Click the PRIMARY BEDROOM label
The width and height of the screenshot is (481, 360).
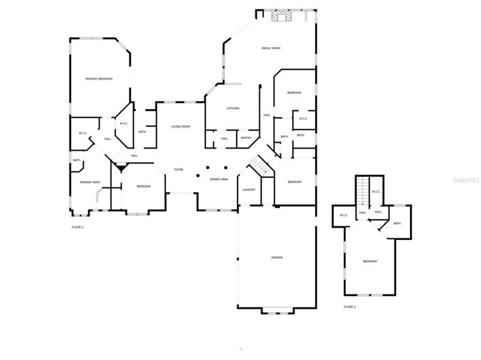coord(99,79)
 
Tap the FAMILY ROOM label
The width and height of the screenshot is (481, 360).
coord(272,48)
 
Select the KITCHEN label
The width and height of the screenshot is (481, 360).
coord(233,108)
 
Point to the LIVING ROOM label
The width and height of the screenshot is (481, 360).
coord(180,127)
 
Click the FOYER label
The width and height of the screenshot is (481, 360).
coord(179,169)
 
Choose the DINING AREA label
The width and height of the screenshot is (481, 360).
coord(219,179)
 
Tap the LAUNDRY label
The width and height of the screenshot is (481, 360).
coord(248,190)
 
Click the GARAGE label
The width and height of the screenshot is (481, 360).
coord(277,257)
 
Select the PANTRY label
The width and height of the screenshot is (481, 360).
coord(246,138)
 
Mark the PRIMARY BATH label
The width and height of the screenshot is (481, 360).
coord(90,182)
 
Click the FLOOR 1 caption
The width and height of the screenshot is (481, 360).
coord(77,226)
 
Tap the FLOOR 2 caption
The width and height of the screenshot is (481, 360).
coord(349,307)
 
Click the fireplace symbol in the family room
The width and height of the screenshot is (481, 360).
coord(280,17)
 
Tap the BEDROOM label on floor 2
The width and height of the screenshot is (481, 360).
coord(370,261)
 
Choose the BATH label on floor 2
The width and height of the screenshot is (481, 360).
coord(396,223)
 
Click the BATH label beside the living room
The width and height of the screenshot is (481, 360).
coord(142,132)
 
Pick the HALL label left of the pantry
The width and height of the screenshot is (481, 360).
coord(224,138)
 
